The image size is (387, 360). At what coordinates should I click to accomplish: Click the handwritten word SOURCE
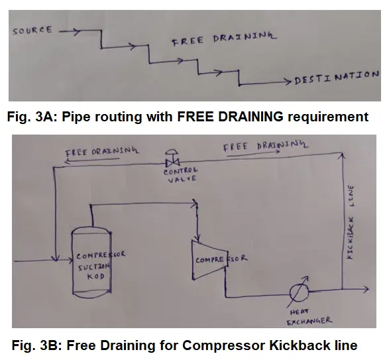tap(32, 30)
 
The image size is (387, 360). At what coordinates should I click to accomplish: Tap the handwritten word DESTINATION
tap(337, 78)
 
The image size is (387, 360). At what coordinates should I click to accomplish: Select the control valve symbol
tap(172, 158)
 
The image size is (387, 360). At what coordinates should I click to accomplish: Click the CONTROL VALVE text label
tap(181, 175)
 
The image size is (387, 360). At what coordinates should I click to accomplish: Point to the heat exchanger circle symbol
tap(299, 292)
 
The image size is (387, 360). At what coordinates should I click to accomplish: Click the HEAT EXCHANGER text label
tap(309, 317)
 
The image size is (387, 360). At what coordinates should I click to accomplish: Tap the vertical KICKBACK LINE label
tap(351, 222)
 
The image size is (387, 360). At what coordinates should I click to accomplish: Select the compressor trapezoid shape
tap(210, 260)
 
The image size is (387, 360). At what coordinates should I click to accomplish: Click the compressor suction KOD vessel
tap(91, 262)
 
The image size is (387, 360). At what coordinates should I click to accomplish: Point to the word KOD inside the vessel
tap(96, 276)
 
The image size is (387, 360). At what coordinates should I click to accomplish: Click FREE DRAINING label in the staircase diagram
tap(224, 38)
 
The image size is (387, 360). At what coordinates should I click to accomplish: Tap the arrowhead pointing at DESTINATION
tap(288, 82)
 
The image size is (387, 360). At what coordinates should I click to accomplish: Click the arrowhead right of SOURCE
tap(76, 31)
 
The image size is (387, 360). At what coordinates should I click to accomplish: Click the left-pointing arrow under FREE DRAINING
tap(92, 160)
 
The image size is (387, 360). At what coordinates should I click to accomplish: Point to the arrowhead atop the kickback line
tap(343, 156)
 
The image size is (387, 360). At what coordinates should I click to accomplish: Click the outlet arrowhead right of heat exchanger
tap(366, 288)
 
